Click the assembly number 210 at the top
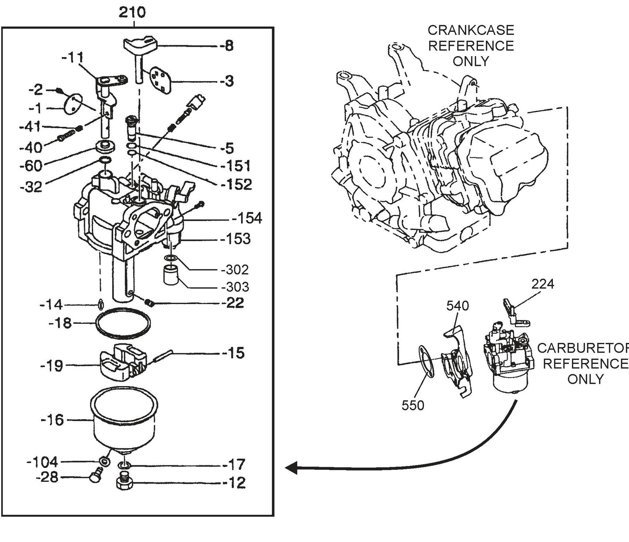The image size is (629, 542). coord(132,12)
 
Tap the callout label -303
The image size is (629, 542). coord(235,287)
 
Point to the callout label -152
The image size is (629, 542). coord(236,184)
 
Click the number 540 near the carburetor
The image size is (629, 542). coord(457,305)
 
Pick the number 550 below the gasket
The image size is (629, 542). coord(413,405)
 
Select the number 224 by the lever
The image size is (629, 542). coord(543,284)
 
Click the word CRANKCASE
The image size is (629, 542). coord(471,30)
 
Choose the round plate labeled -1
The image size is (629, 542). coord(72,104)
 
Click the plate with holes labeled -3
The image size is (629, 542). coord(160,80)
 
